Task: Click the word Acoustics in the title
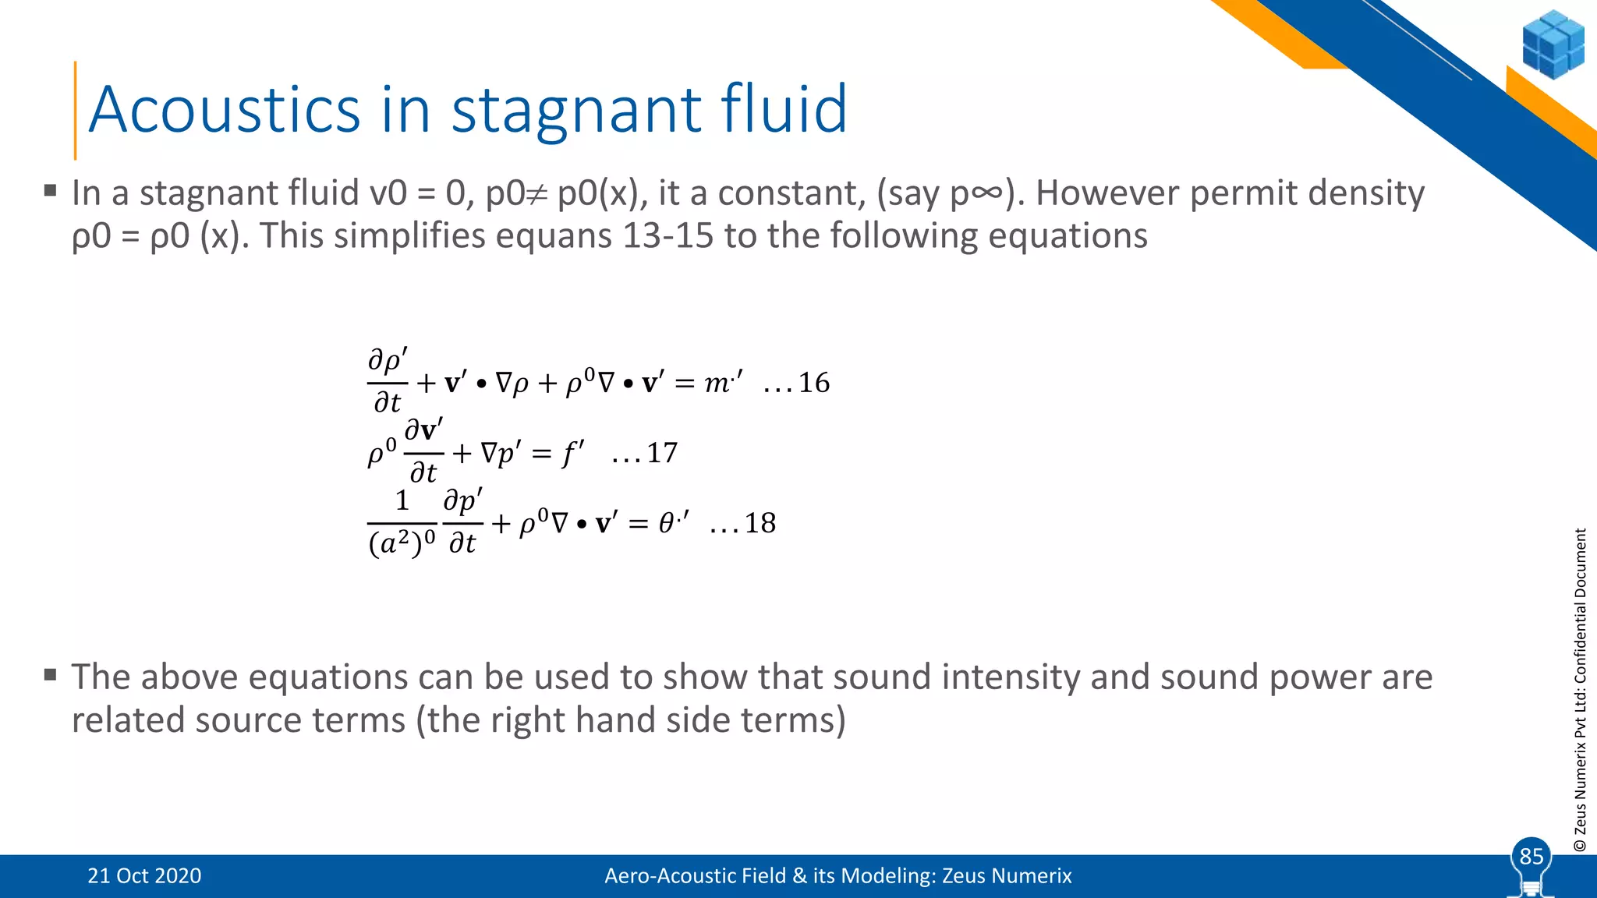[x=225, y=109]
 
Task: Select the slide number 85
[x=1531, y=857]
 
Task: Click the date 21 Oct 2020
[x=144, y=876]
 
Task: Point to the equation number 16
[x=813, y=383]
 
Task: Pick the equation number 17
[x=661, y=453]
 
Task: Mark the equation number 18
[x=760, y=523]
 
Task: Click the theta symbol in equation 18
[x=666, y=523]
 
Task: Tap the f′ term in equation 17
[x=572, y=453]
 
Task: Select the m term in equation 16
[x=717, y=383]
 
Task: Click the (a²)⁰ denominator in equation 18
[x=402, y=543]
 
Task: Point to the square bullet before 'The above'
[x=51, y=674]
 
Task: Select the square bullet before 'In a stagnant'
[x=51, y=189]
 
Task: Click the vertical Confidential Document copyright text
[x=1580, y=690]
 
